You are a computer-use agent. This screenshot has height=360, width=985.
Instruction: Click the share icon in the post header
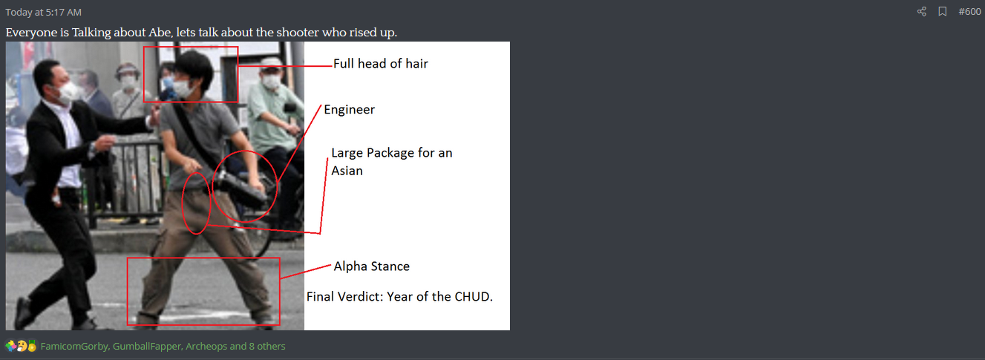tap(922, 11)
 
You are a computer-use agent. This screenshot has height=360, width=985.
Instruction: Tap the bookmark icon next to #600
tap(943, 11)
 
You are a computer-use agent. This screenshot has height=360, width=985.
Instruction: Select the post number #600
tap(969, 12)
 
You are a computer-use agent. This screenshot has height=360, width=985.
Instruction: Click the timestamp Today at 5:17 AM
tap(44, 13)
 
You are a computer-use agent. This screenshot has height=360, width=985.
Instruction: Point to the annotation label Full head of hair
tap(380, 64)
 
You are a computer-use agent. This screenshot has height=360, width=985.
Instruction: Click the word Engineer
tap(349, 109)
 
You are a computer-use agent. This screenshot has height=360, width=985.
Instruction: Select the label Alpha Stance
tap(372, 266)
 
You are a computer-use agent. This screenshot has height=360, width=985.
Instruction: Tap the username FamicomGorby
tap(74, 347)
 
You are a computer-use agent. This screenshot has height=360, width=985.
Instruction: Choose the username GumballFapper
tap(147, 347)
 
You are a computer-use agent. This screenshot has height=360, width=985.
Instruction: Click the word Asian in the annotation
tap(347, 171)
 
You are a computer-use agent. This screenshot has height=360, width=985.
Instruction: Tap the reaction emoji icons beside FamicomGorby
tap(21, 347)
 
